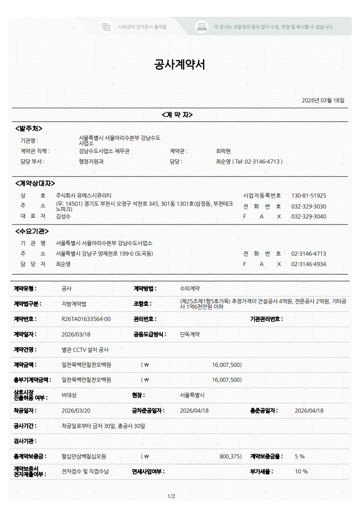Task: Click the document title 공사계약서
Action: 180,65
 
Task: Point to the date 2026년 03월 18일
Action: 323,100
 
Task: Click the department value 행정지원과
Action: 91,161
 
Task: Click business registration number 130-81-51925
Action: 309,196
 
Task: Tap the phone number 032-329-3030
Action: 309,206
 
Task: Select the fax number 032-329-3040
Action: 309,216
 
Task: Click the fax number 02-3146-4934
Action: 309,264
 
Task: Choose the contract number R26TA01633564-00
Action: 86,319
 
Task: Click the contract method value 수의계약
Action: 190,288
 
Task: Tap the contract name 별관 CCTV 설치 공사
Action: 85,350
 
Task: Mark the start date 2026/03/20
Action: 76,411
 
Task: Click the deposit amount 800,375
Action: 230,456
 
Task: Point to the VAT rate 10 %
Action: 301,471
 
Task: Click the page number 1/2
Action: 172,496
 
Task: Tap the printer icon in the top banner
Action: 202,26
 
